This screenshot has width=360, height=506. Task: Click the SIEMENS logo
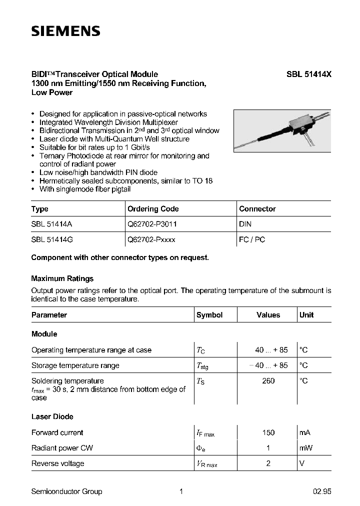point(65,31)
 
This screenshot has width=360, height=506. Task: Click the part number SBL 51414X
point(308,74)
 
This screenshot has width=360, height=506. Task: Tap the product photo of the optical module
point(282,130)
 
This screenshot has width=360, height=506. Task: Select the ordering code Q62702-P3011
point(152,224)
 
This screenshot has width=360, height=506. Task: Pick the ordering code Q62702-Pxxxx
point(151,239)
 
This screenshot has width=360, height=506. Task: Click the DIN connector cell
point(245,224)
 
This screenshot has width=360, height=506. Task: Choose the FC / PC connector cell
point(252,239)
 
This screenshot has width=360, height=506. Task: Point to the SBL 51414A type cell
point(52,224)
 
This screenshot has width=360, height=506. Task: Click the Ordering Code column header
point(153,209)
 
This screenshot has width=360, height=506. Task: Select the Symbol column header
point(209,315)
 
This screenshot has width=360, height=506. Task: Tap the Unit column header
point(306,315)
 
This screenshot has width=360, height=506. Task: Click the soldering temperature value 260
point(268,381)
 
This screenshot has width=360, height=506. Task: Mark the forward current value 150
point(268,432)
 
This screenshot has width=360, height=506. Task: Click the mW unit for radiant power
point(305,448)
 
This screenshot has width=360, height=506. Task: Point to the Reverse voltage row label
point(57,463)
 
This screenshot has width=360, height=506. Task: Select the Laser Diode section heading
point(52,416)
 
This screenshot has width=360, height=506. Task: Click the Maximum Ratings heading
point(62,278)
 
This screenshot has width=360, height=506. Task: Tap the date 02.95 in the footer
point(322,491)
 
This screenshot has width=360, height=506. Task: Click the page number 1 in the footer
point(181,491)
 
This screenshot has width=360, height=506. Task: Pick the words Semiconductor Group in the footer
point(66,491)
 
